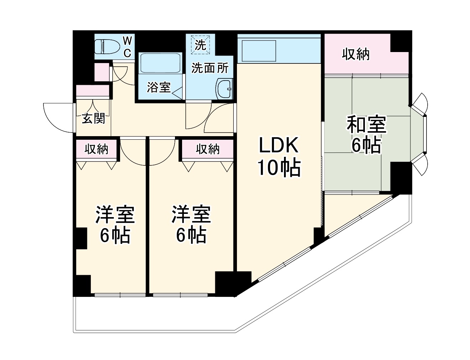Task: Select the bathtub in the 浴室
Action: click(x=160, y=63)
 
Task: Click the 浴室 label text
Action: click(x=159, y=87)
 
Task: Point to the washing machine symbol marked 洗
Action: click(x=201, y=45)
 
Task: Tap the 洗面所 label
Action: click(x=210, y=68)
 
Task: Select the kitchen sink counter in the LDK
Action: click(x=258, y=51)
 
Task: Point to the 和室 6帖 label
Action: click(x=366, y=135)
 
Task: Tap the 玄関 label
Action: click(x=93, y=118)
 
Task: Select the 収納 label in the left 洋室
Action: click(x=96, y=149)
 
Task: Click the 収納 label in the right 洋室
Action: click(x=208, y=149)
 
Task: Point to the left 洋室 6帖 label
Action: click(x=115, y=225)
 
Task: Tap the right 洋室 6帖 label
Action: click(x=191, y=225)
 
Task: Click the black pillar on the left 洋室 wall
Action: click(x=81, y=238)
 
